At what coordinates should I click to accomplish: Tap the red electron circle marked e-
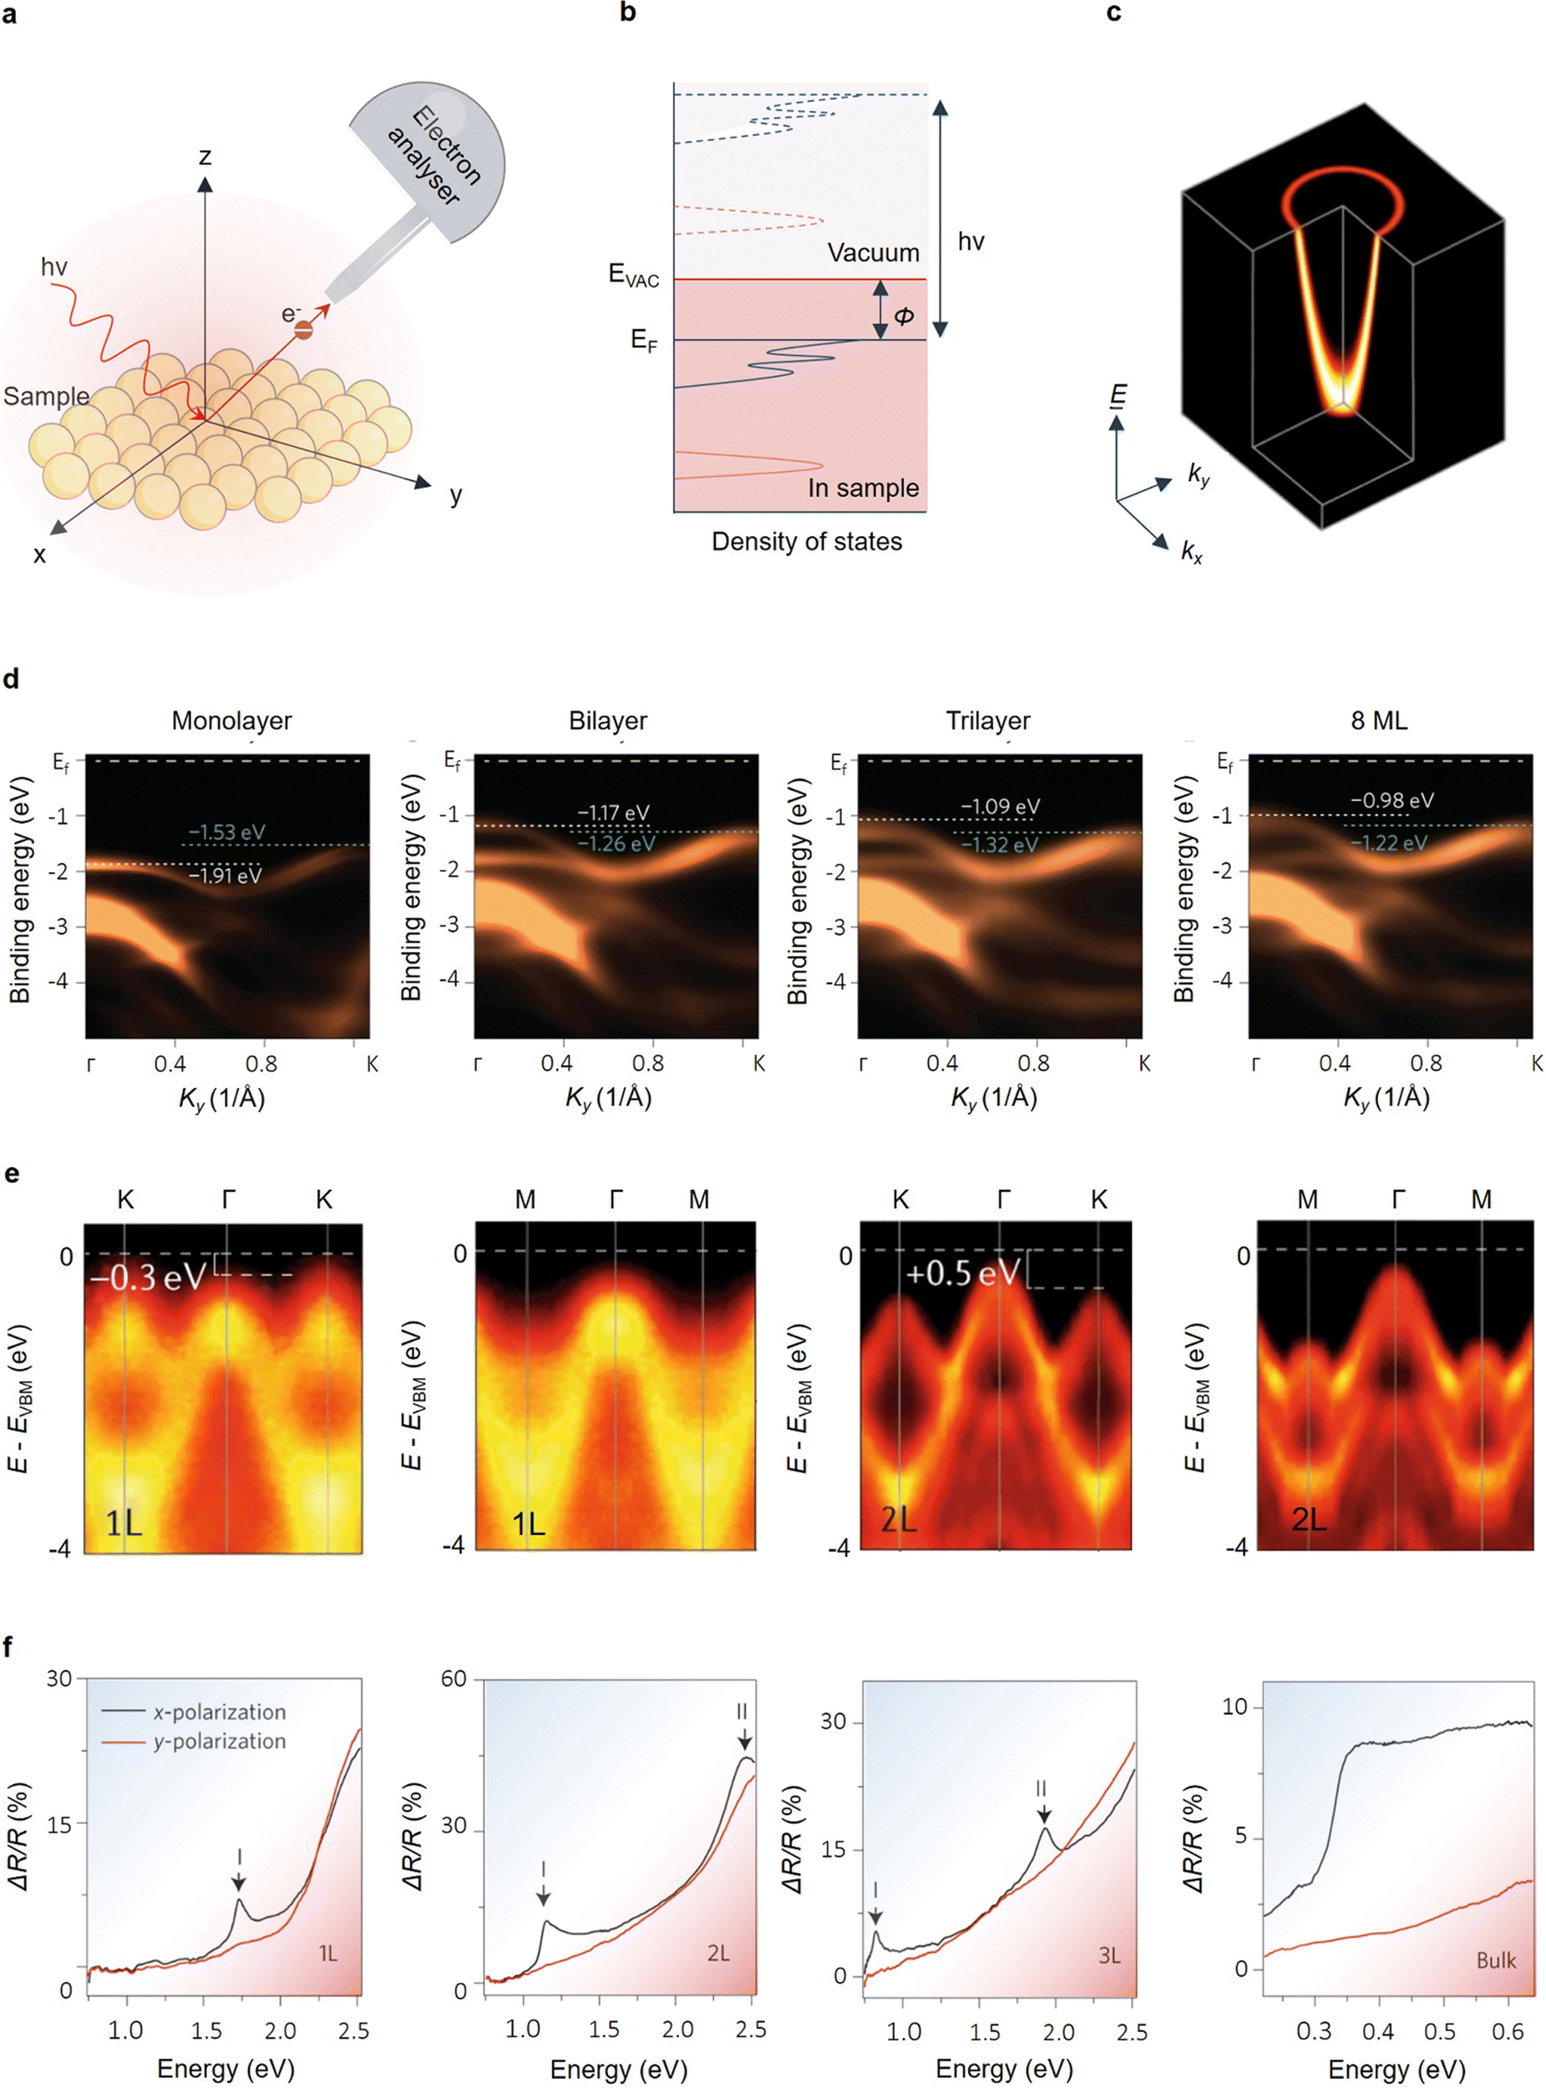point(303,329)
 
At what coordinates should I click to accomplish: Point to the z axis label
point(205,155)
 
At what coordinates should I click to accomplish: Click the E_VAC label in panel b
point(634,275)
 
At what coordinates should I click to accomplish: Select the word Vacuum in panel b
point(872,253)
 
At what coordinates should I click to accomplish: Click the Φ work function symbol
point(903,316)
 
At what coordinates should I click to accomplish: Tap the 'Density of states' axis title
point(807,541)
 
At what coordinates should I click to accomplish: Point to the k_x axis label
point(1191,551)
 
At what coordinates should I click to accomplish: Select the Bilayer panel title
point(607,721)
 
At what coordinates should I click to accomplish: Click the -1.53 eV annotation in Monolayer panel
point(226,832)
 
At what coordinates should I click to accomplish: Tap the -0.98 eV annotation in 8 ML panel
point(1391,800)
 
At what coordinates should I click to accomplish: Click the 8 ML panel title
point(1378,721)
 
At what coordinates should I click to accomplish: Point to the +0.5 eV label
point(962,1274)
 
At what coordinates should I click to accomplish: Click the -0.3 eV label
point(147,1276)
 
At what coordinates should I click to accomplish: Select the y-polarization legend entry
point(219,1741)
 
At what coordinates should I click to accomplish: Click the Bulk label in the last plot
point(1494,1959)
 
